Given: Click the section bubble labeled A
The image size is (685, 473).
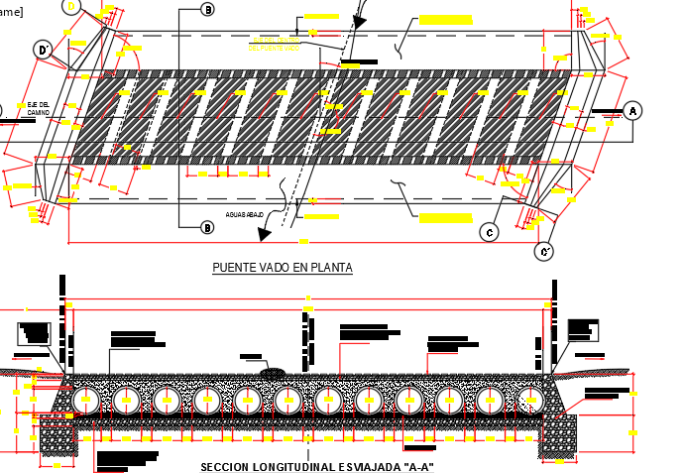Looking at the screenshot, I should click(x=633, y=111).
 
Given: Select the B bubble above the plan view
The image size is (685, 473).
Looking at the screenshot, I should click(x=207, y=9).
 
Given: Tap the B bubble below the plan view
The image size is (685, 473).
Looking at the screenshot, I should click(x=207, y=228).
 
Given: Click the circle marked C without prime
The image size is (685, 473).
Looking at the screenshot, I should click(x=489, y=232).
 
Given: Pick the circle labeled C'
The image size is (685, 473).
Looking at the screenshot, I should click(x=543, y=252).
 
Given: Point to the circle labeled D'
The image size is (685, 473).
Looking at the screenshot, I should click(x=43, y=50).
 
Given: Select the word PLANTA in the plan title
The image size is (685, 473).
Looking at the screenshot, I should click(x=330, y=268).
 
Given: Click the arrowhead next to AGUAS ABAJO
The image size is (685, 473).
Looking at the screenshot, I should click(x=265, y=235).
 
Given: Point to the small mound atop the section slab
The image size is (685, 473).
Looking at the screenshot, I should click(x=273, y=373).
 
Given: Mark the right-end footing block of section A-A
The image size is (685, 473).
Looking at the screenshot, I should click(x=558, y=436).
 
